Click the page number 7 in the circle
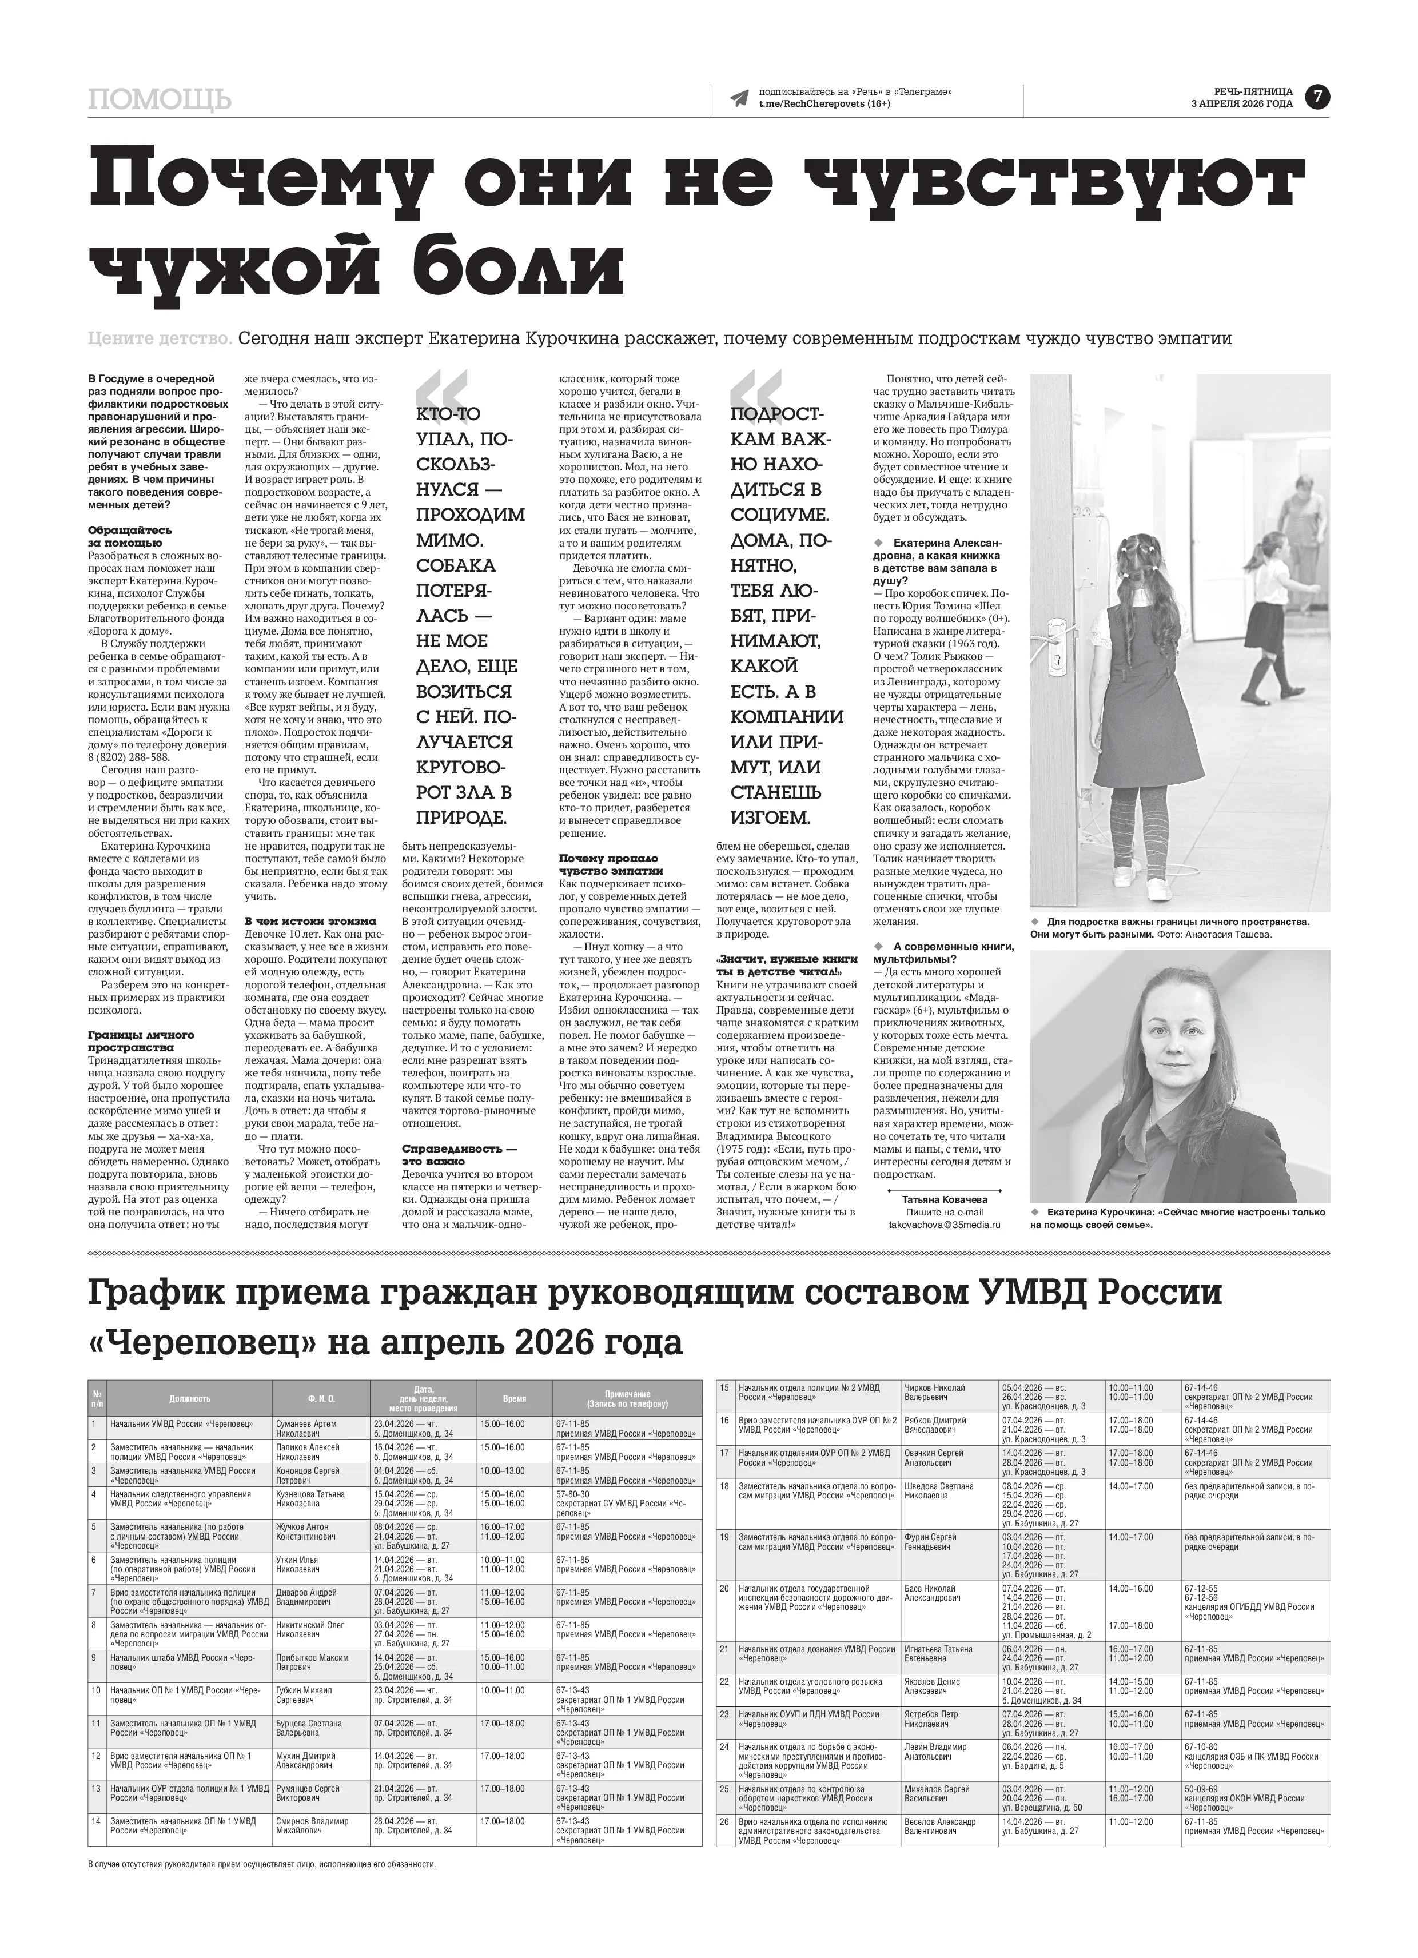(1317, 98)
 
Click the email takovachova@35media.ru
(945, 1225)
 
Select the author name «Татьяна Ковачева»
(945, 1200)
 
